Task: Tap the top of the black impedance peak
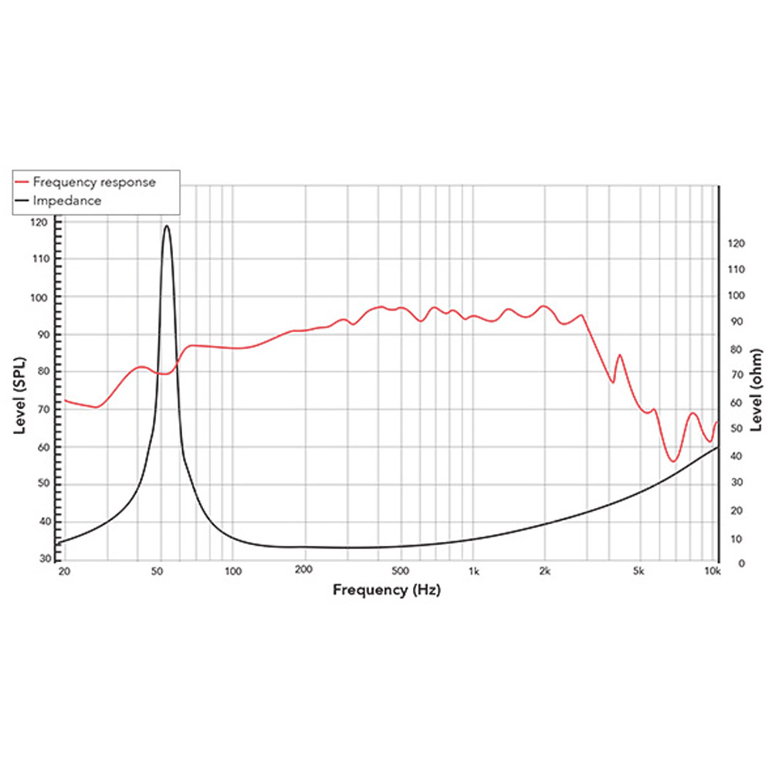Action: coord(167,225)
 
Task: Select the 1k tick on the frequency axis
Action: coord(474,572)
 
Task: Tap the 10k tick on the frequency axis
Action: coord(712,572)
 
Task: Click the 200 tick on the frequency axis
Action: coord(303,572)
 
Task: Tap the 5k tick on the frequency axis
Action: coord(638,572)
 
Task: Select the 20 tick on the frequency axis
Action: coord(65,572)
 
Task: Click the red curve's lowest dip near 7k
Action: coord(673,462)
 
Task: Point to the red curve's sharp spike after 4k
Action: coord(619,355)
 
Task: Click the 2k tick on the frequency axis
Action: coord(545,572)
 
